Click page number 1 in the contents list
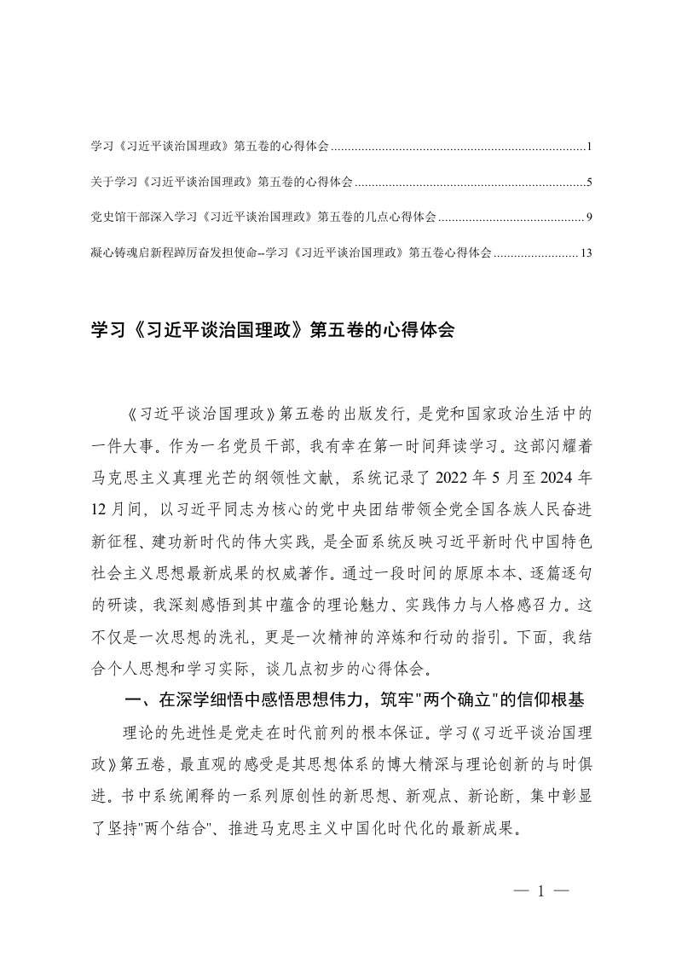pyautogui.click(x=589, y=148)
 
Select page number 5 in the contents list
pyautogui.click(x=589, y=183)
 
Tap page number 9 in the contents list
pyautogui.click(x=589, y=217)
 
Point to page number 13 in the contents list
pyautogui.click(x=586, y=252)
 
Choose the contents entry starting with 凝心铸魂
pyautogui.click(x=290, y=252)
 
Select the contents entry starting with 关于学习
pyautogui.click(x=221, y=183)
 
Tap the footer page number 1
pyautogui.click(x=540, y=892)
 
